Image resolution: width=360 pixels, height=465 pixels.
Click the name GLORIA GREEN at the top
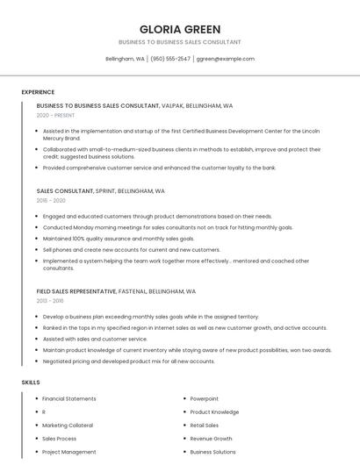[x=180, y=29]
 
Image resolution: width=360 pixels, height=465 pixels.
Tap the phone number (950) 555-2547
[x=170, y=59]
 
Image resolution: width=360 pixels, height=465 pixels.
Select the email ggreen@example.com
[x=226, y=59]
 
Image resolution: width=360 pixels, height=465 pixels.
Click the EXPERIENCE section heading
[x=38, y=92]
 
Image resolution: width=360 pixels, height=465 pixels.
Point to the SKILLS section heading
[x=31, y=383]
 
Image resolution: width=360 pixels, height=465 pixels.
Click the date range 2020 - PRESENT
[x=55, y=115]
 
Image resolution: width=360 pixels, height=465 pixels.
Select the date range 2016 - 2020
[x=51, y=200]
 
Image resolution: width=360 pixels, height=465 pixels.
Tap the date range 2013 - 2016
[x=51, y=301]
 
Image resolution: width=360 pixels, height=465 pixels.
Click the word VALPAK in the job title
[x=175, y=105]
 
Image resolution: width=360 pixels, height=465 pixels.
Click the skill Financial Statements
[x=69, y=399]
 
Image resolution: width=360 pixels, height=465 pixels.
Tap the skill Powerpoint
[x=205, y=399]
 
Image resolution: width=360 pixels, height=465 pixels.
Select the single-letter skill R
[x=44, y=412]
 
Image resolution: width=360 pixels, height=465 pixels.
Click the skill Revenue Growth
[x=212, y=439]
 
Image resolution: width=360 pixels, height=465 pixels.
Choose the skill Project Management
[x=69, y=452]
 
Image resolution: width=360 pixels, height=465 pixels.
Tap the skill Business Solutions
[x=213, y=452]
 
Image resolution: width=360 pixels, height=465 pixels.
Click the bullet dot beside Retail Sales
[x=184, y=426]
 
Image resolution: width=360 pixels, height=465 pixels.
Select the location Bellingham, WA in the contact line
[x=126, y=59]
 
